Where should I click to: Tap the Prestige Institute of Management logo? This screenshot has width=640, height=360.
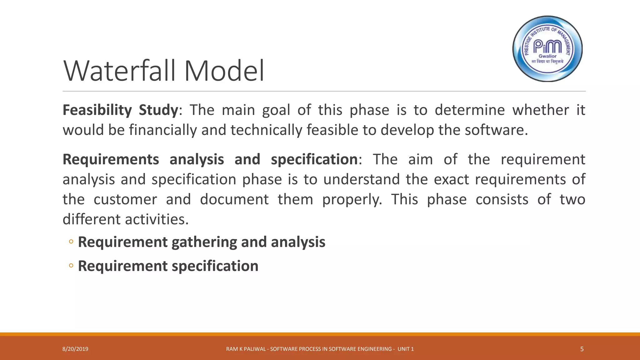(x=547, y=49)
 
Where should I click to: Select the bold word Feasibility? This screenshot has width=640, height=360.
(x=97, y=110)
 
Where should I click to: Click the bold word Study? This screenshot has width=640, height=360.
(x=158, y=110)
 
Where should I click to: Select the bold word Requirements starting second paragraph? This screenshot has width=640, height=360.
(x=111, y=160)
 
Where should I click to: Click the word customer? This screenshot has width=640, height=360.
(x=125, y=200)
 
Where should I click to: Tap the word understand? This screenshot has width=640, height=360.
(x=362, y=180)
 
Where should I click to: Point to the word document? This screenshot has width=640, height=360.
(x=234, y=200)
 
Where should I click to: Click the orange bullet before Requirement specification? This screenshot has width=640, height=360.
(x=71, y=266)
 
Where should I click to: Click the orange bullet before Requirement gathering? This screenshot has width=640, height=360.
(x=71, y=242)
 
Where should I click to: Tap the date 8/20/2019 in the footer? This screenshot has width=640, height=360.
(x=75, y=349)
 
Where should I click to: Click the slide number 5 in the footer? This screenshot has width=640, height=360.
(x=582, y=349)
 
